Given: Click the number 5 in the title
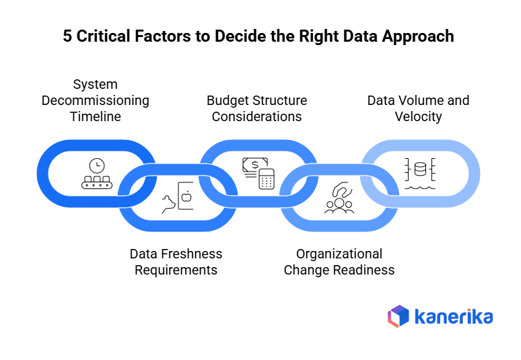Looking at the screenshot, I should [68, 36].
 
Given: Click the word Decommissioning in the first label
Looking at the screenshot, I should [96, 100].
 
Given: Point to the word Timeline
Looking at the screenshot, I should [96, 116].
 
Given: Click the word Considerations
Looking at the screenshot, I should [256, 116].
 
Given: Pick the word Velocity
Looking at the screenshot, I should [418, 116].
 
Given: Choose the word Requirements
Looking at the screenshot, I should [176, 270].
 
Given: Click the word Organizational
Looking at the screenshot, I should [339, 254].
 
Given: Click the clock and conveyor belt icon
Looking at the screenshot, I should [96, 174].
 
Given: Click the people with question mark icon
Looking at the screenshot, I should [339, 198].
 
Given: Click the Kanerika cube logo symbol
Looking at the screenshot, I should [398, 316].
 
